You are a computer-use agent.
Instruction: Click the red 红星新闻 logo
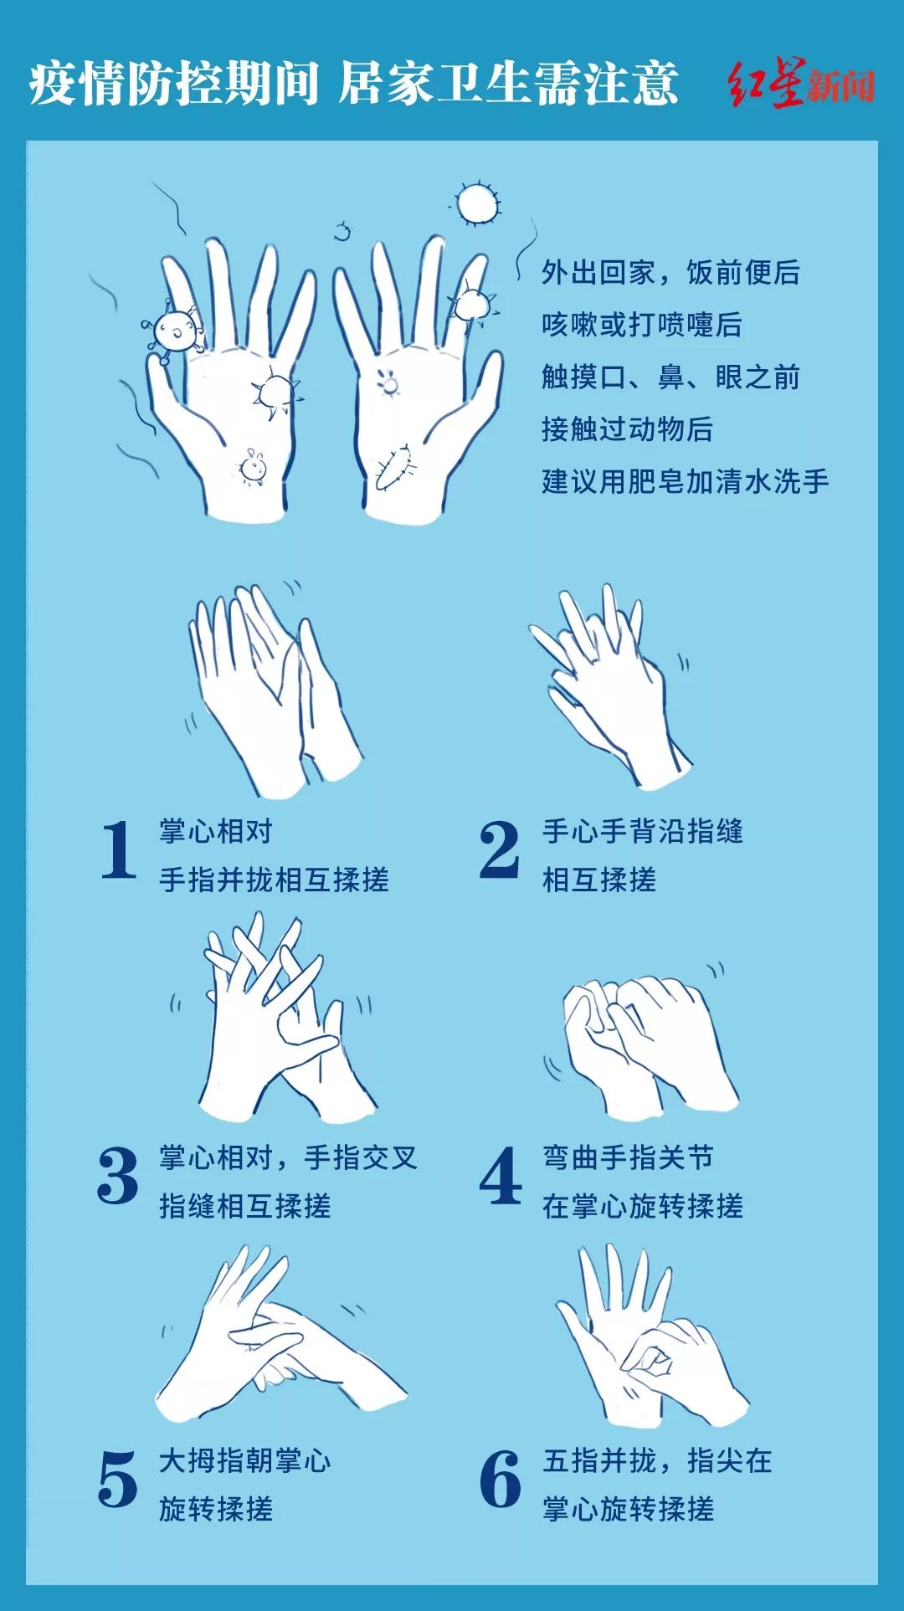point(801,84)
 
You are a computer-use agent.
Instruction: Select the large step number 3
point(118,1176)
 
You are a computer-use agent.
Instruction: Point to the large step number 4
point(501,1176)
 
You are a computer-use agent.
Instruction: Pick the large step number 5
point(118,1480)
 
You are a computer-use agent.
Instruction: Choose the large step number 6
point(501,1480)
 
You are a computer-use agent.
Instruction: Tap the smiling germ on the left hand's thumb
point(175,330)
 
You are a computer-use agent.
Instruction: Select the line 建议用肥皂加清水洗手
point(686,481)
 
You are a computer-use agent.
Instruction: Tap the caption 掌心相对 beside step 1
point(216,831)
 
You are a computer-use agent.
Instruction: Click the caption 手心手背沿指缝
point(643,831)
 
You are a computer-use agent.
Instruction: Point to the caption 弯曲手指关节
point(628,1157)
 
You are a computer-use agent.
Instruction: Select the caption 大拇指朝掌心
point(245,1461)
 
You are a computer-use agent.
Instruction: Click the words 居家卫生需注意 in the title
point(508,84)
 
